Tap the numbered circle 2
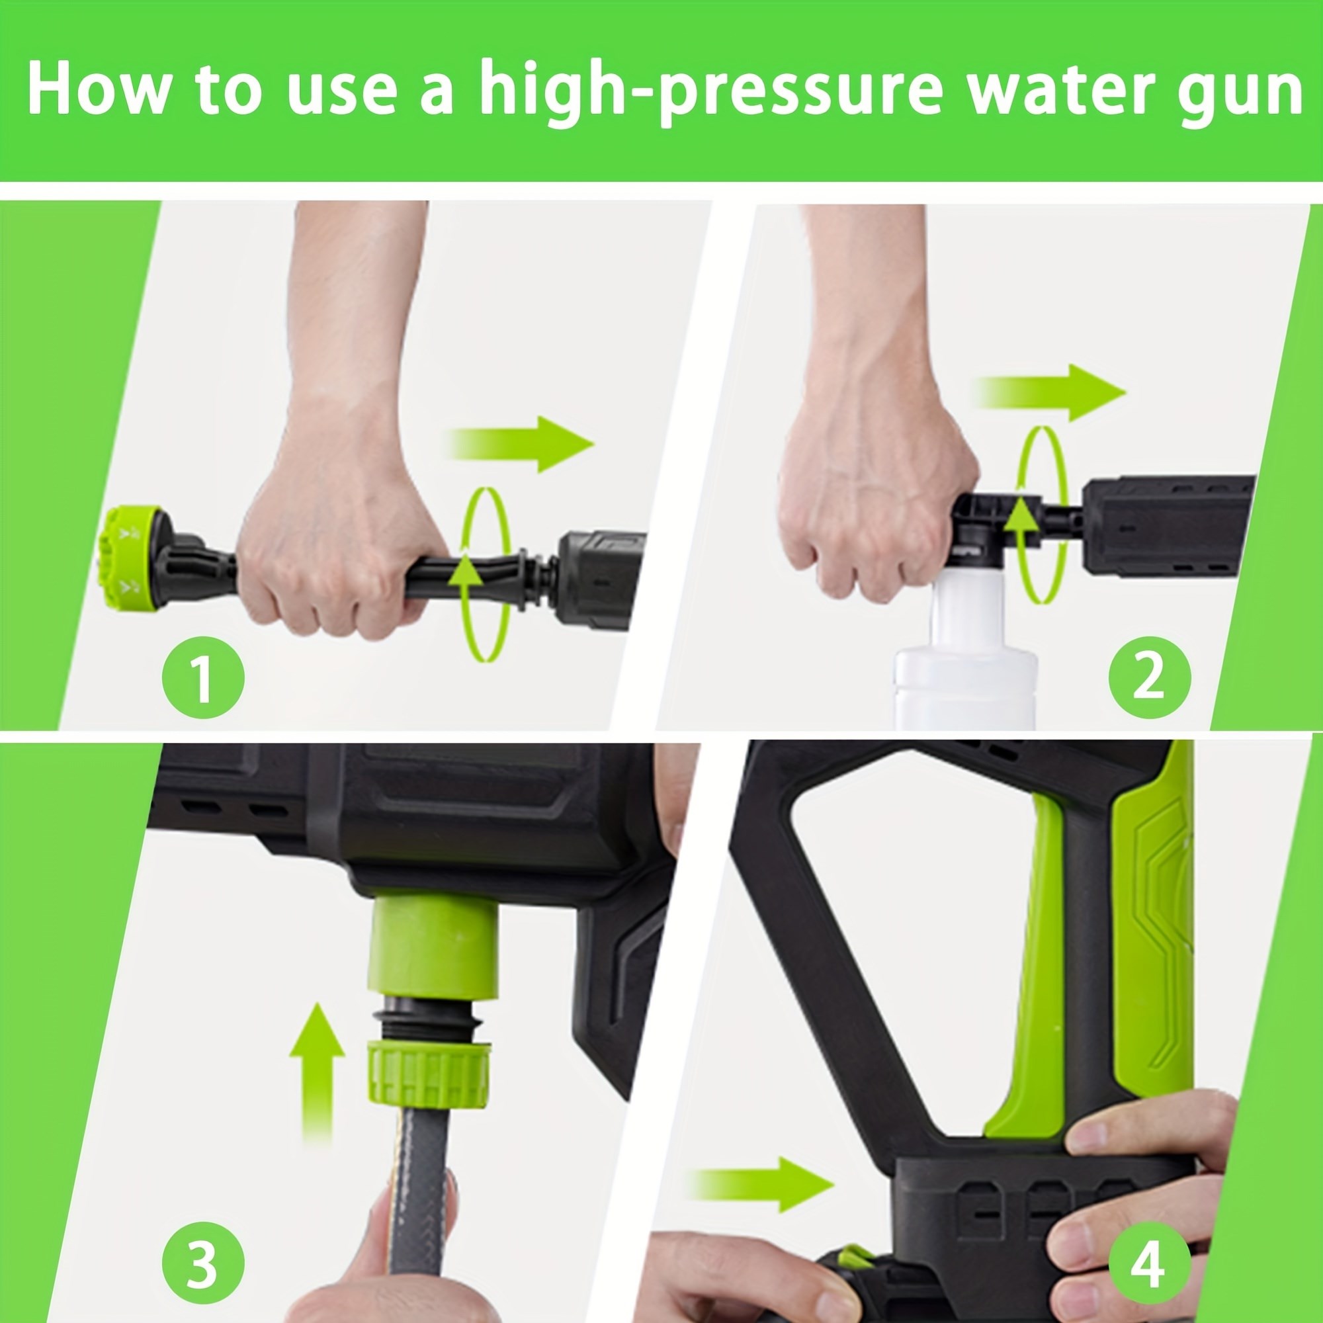pyautogui.click(x=1150, y=677)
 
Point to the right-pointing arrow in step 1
pyautogui.click(x=521, y=444)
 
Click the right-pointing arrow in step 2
pyautogui.click(x=1051, y=392)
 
